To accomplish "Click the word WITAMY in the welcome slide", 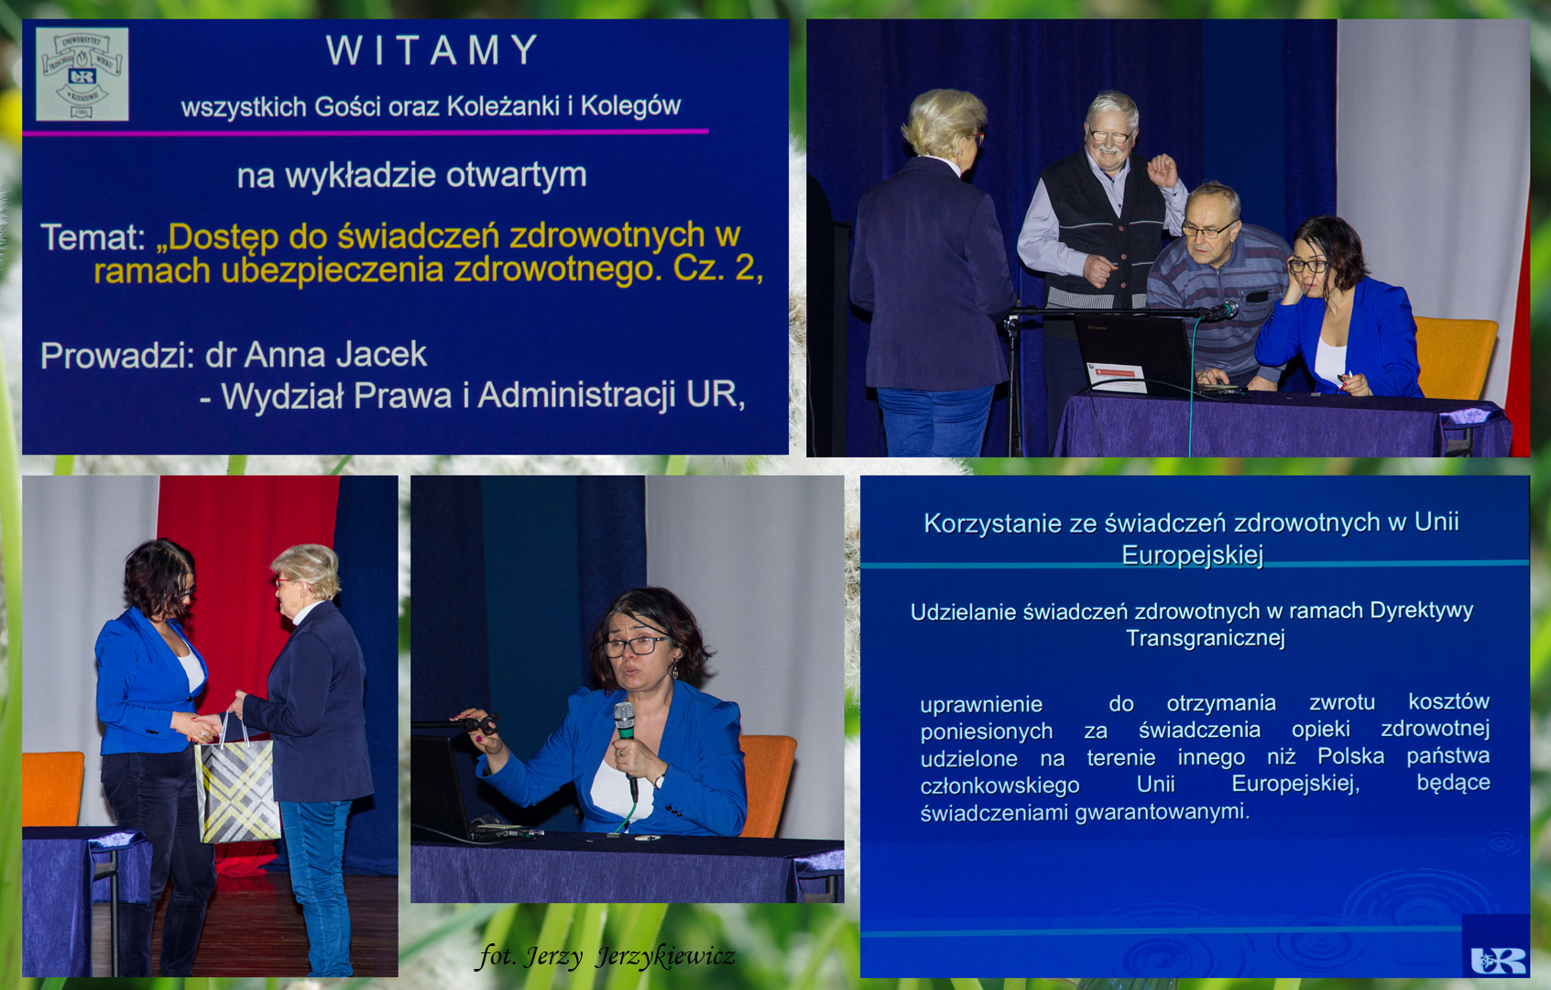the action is (432, 49).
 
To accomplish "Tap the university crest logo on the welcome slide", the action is (82, 74).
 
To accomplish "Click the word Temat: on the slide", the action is (93, 236).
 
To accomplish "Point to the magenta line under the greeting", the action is (366, 132).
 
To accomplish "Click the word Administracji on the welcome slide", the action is (577, 396).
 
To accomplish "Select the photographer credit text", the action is (606, 957).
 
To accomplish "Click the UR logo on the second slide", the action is (1499, 960).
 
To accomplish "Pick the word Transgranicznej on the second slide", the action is (1205, 638).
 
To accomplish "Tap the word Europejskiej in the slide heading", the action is (1192, 555).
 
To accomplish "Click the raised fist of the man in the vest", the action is (1163, 170).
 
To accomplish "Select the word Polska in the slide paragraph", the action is (1350, 756).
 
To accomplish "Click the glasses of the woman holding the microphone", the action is (635, 645).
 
